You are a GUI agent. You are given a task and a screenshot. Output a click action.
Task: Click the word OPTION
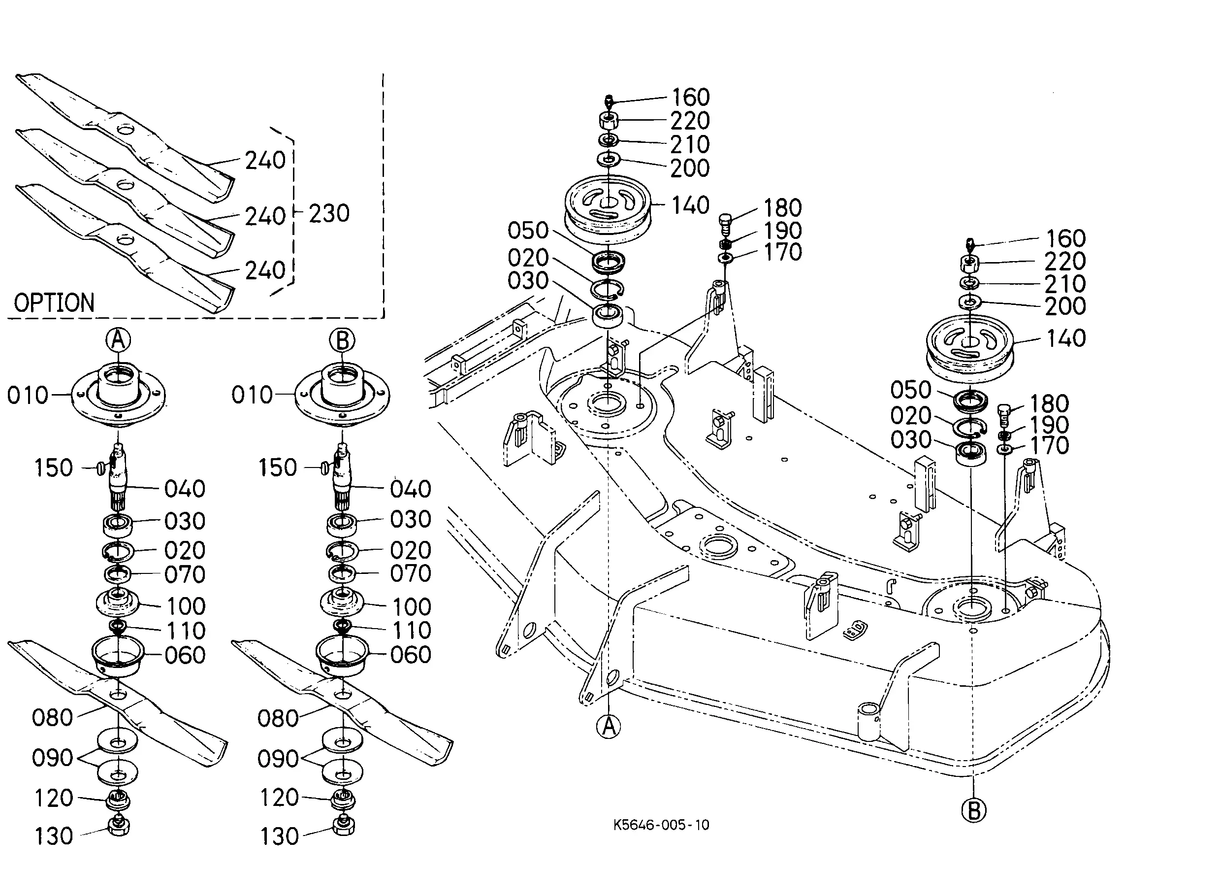tap(54, 303)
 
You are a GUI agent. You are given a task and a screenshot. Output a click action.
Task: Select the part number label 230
tap(329, 213)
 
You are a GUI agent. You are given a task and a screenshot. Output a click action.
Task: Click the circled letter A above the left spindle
tap(118, 339)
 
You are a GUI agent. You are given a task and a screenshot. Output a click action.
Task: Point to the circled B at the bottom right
tap(973, 810)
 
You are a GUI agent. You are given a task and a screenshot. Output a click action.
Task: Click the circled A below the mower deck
tap(609, 726)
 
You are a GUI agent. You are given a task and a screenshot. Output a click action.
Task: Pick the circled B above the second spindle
tap(342, 340)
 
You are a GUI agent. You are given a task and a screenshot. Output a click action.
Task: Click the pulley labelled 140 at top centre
tap(608, 210)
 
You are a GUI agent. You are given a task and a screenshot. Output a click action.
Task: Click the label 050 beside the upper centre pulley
tap(528, 231)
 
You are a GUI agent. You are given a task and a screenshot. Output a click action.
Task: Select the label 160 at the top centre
tap(690, 98)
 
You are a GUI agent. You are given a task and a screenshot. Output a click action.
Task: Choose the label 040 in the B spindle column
tap(410, 489)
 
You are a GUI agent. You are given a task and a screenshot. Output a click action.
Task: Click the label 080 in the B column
tap(278, 719)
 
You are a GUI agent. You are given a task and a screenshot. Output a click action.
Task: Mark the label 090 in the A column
tap(52, 758)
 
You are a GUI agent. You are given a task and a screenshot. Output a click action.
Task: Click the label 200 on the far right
tap(1065, 306)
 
